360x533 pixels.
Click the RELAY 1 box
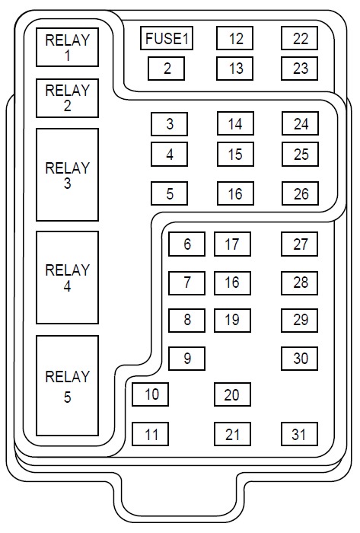[67, 47]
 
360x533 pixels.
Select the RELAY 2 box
[67, 98]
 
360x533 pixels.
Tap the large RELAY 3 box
[67, 174]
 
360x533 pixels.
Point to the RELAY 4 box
[67, 278]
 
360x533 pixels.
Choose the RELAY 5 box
[67, 386]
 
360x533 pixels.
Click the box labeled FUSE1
[167, 38]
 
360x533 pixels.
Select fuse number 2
[167, 69]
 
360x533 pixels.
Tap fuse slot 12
[235, 38]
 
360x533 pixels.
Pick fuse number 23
[300, 69]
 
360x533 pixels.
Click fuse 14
[236, 123]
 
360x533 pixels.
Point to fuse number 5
[170, 193]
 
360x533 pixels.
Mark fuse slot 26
[300, 193]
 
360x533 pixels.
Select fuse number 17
[233, 244]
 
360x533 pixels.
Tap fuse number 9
[187, 359]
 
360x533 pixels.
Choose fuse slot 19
[233, 321]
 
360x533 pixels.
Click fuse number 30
[300, 359]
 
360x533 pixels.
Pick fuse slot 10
[151, 394]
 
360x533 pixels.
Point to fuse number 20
[233, 394]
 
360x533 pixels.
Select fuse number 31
[300, 434]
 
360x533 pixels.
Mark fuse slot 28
[300, 282]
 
